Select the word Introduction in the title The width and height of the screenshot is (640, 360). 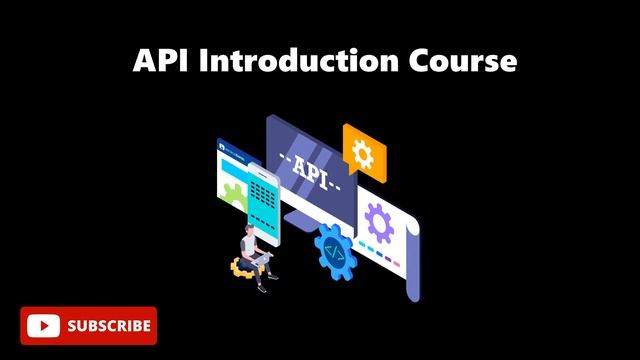point(296,61)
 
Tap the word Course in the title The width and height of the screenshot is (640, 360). point(459,61)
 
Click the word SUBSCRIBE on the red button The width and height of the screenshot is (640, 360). point(109,325)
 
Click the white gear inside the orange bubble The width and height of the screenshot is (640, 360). point(362,153)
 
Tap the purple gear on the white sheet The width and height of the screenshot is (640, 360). point(380,222)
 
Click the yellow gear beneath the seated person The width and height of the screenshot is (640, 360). point(242,268)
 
